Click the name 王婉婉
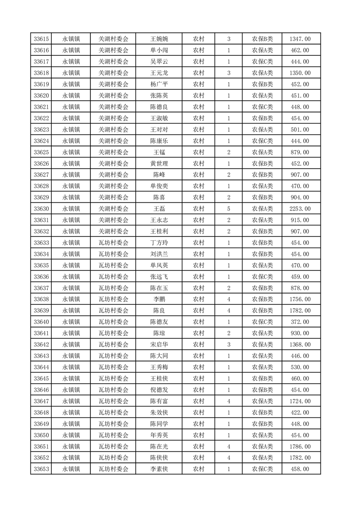159,39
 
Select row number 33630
42,209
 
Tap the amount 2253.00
300,209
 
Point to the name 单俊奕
159,186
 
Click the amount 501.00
300,130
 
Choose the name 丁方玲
159,243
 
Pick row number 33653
42,469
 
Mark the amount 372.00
300,322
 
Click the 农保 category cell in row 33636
262,277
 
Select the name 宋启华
159,345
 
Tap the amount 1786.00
300,446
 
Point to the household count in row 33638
228,299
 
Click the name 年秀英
159,435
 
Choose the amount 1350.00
300,73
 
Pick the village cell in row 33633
113,243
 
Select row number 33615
42,39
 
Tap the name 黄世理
159,163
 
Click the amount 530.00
300,367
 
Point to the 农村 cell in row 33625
198,152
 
